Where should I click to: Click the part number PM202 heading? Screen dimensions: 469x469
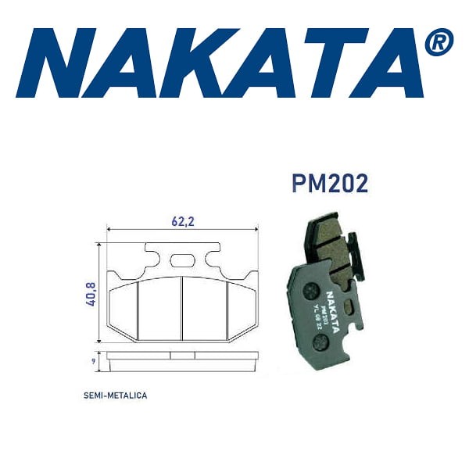pos(329,184)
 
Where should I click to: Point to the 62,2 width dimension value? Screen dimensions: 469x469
pos(182,220)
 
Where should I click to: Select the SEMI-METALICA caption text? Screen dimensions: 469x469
pos(115,396)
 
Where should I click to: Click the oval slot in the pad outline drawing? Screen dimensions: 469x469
pos(182,262)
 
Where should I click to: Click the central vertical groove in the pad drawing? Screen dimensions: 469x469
pos(182,309)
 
